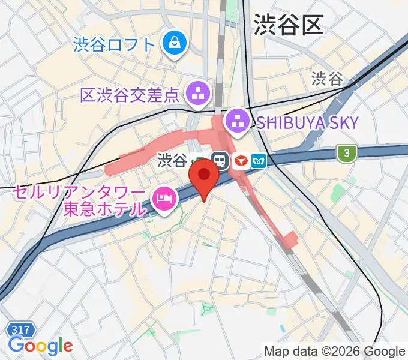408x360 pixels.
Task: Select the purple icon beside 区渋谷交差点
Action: (197, 92)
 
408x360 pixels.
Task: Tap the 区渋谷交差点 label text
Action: (130, 94)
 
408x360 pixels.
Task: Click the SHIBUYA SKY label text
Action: (307, 124)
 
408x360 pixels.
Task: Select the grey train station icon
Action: (220, 161)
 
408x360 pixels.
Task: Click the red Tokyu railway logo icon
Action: (241, 161)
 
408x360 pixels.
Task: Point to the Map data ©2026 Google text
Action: (334, 351)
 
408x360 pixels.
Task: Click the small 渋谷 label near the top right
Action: (327, 79)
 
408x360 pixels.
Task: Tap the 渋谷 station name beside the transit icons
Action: (172, 160)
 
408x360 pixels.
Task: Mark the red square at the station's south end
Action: (290, 239)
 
